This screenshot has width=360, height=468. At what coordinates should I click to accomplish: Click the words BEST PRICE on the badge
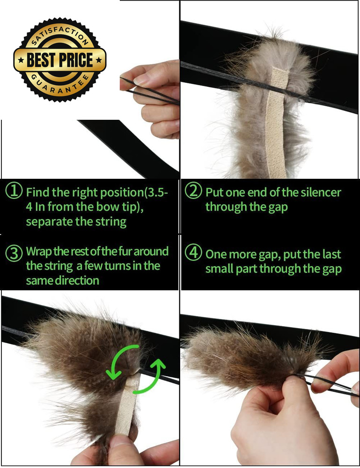pyautogui.click(x=60, y=60)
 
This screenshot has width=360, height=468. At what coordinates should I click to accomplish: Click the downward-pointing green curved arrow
pyautogui.click(x=117, y=362)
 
